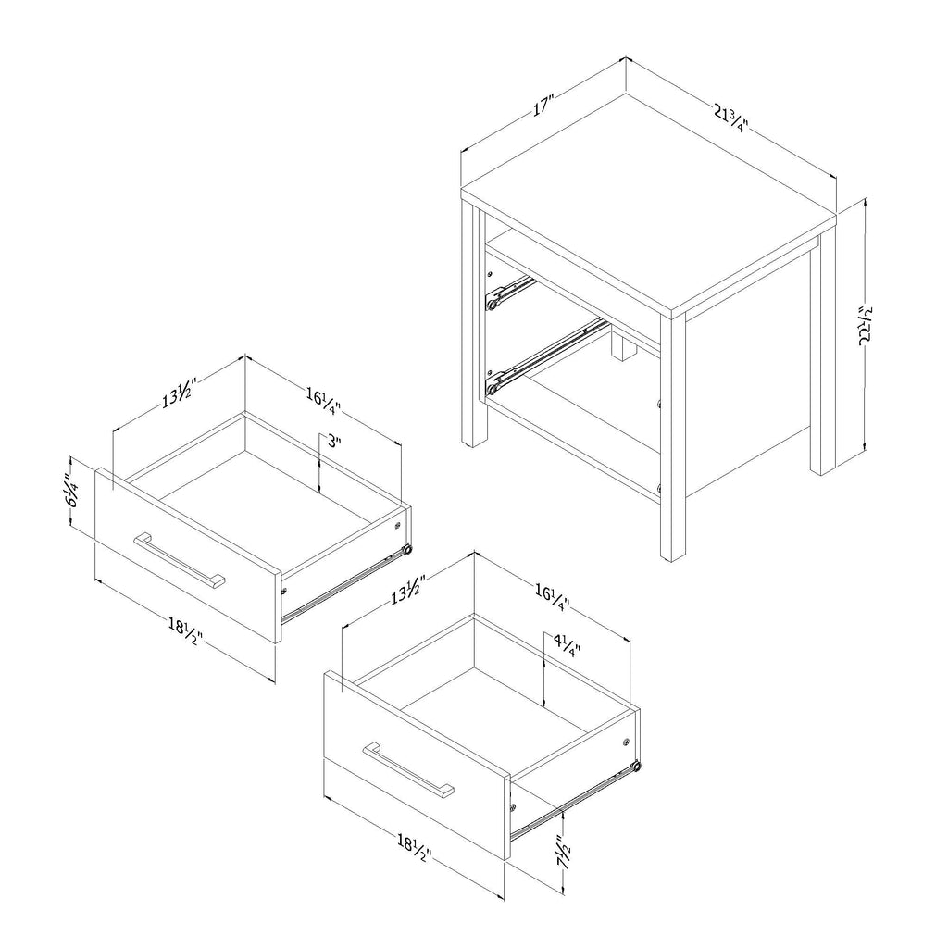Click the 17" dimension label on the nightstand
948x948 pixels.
pyautogui.click(x=543, y=106)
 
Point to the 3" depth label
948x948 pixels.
pyautogui.click(x=334, y=442)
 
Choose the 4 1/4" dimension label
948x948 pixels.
pyautogui.click(x=567, y=644)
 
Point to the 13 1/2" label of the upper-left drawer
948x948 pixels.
pyautogui.click(x=180, y=392)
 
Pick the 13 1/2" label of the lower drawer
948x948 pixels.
pyautogui.click(x=408, y=591)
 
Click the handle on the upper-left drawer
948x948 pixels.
pyautogui.click(x=180, y=560)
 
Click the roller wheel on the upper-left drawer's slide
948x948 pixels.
pyautogui.click(x=407, y=550)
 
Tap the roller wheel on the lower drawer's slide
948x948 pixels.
pyautogui.click(x=635, y=767)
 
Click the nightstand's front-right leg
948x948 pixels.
pyautogui.click(x=673, y=437)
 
